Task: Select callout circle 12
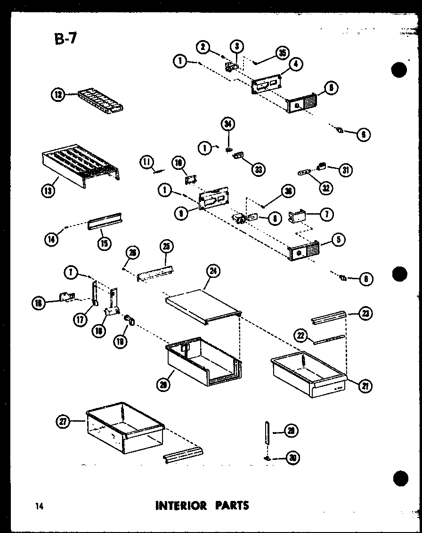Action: coord(57,95)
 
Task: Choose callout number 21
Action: coord(365,386)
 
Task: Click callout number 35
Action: coord(282,53)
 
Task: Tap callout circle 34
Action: coord(228,125)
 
